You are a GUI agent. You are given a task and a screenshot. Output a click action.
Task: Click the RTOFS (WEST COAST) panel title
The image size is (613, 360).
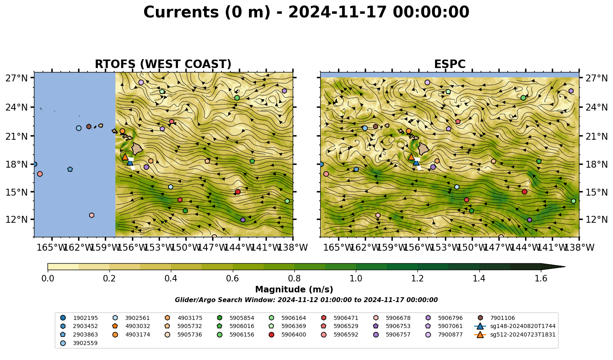click(163, 64)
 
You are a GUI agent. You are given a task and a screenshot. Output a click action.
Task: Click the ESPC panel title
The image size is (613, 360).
click(449, 64)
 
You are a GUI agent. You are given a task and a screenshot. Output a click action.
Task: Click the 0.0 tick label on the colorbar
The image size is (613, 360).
click(48, 279)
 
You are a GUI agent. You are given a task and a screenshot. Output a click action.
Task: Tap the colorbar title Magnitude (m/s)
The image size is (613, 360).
click(294, 290)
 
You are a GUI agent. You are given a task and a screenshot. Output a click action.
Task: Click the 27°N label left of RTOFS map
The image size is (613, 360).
click(17, 78)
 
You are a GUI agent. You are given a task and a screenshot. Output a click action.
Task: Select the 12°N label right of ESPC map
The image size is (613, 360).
click(596, 219)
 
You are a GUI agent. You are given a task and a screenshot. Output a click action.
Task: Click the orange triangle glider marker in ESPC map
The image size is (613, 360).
click(411, 157)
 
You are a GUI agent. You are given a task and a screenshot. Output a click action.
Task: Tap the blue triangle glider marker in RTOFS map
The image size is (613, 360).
click(130, 162)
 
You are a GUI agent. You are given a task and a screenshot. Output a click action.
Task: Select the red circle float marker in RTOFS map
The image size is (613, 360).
click(238, 192)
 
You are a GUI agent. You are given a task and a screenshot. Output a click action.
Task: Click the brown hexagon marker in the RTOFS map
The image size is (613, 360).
click(89, 126)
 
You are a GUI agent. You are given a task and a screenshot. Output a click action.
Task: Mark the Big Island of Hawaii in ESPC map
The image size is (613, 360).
click(424, 149)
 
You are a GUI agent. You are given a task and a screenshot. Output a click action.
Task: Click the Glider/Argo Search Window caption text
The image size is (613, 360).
click(306, 300)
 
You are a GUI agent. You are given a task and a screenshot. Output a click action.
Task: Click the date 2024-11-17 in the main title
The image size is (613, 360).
click(337, 12)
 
